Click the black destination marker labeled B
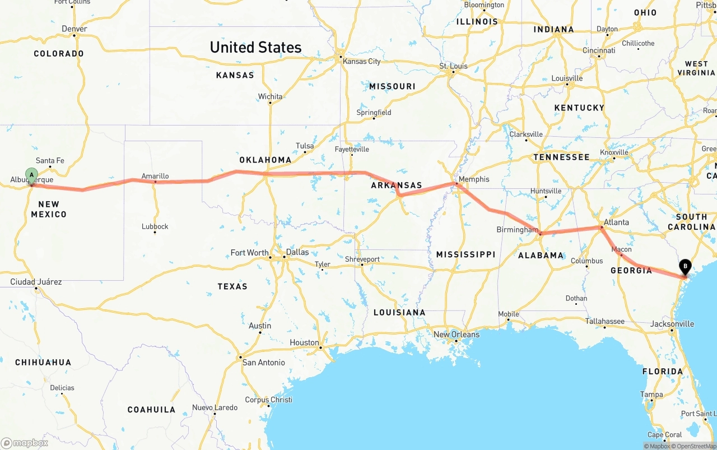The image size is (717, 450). [685, 267]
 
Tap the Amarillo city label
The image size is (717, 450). [155, 176]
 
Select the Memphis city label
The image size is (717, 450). [474, 179]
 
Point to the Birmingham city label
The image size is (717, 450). [517, 230]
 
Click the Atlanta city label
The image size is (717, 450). [616, 222]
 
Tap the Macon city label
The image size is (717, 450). [622, 249]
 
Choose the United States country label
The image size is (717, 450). [255, 47]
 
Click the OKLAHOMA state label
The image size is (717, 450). [266, 160]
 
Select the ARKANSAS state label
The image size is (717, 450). [396, 185]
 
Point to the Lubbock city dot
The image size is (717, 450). [155, 232]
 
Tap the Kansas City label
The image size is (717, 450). [362, 61]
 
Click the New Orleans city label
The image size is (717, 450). [457, 335]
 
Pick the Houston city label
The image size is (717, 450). [304, 342]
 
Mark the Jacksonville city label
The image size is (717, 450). [672, 324]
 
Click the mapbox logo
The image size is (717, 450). [25, 443]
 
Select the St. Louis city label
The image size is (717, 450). [453, 66]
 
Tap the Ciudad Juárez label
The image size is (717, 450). [36, 282]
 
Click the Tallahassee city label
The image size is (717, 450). [605, 321]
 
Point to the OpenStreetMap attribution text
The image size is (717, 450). [696, 447]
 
